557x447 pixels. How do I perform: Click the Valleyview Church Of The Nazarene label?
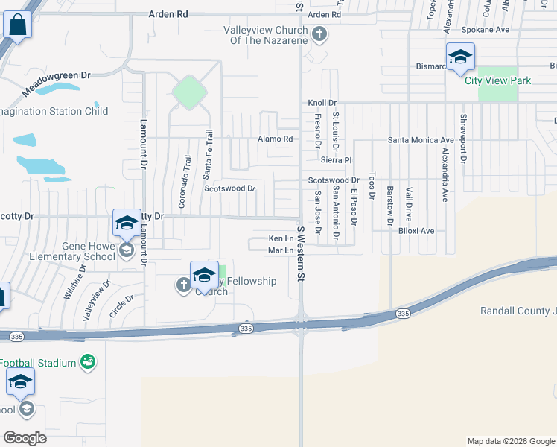click(x=267, y=35)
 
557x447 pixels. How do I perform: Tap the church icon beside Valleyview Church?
click(x=319, y=34)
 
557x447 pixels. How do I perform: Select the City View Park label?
click(x=498, y=80)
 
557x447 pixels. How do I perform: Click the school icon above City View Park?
click(x=460, y=57)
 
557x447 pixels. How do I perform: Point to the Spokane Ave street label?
click(x=484, y=30)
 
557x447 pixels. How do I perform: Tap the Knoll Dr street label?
click(x=322, y=103)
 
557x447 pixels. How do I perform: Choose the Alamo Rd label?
click(x=276, y=139)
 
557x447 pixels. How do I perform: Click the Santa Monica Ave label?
click(x=421, y=139)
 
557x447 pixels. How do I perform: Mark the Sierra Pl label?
click(x=336, y=159)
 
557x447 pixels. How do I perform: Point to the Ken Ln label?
click(x=277, y=238)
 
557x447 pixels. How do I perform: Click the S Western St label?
click(x=303, y=254)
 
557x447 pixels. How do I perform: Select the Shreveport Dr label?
click(x=462, y=139)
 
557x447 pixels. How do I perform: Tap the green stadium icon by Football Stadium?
click(x=89, y=362)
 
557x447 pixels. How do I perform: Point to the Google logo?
click(x=25, y=438)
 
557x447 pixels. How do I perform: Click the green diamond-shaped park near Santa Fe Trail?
click(x=189, y=92)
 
